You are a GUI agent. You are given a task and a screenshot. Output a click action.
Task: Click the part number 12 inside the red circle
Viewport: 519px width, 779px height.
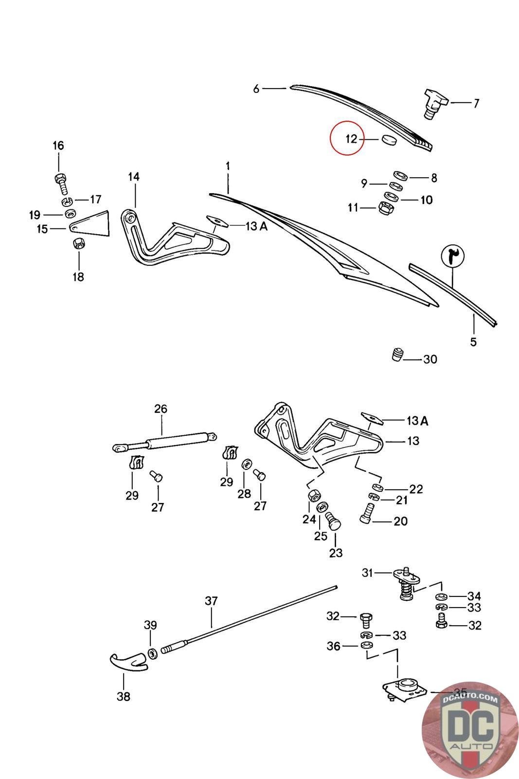(351, 139)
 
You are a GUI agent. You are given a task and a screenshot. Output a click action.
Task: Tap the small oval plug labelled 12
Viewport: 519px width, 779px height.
(389, 140)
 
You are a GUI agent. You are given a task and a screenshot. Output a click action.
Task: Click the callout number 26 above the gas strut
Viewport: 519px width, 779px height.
(161, 409)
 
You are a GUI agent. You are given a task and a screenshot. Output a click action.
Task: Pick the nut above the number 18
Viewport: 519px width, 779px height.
(78, 243)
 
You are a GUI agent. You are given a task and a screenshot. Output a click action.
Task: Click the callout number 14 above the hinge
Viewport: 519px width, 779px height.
(133, 177)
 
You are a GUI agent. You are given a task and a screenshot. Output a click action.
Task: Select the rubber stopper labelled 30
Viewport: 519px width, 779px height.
(398, 354)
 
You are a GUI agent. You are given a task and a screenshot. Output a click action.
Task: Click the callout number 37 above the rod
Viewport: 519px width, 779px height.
(211, 601)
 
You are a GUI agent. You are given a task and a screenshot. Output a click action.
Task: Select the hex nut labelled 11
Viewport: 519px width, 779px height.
(384, 207)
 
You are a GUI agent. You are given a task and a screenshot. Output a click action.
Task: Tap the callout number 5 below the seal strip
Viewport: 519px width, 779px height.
(473, 342)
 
